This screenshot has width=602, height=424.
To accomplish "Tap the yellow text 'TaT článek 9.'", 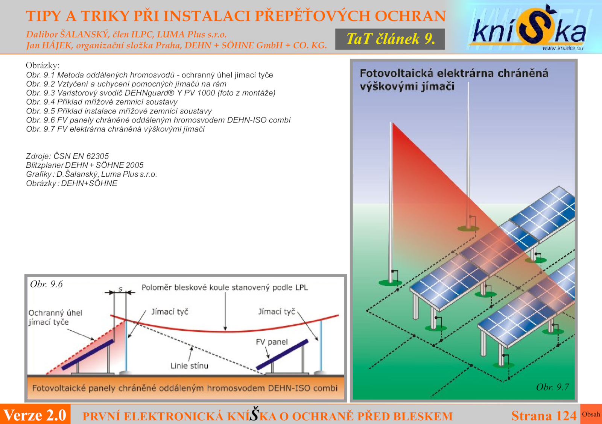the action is coord(391,39).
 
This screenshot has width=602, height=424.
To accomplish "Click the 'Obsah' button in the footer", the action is coord(591,414).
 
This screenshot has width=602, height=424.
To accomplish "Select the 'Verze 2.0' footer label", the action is coord(35,415).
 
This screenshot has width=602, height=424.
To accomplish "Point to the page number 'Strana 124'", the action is coord(544,416).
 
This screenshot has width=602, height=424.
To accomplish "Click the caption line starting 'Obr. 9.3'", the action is coord(150,93).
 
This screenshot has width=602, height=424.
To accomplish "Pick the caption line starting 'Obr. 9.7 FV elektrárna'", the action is coord(115,129).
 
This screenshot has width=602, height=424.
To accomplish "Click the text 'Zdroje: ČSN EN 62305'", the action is coord(67,156).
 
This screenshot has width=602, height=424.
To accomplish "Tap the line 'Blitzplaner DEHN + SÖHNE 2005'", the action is coord(85,165).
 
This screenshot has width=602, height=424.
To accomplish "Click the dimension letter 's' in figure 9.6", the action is coord(120,289).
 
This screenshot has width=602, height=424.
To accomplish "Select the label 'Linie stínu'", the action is coord(189,366).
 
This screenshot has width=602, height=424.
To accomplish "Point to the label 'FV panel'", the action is coord(272,342).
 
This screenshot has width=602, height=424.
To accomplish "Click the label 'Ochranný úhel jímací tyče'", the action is coord(55,317).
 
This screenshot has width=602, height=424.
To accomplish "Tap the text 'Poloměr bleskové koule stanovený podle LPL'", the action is coord(225,288).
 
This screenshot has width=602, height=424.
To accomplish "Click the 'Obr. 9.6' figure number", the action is coord(46,284).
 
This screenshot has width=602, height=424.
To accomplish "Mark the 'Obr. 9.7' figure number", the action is coord(553,387).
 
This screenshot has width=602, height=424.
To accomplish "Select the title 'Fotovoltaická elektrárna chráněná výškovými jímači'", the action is coord(454,80).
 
